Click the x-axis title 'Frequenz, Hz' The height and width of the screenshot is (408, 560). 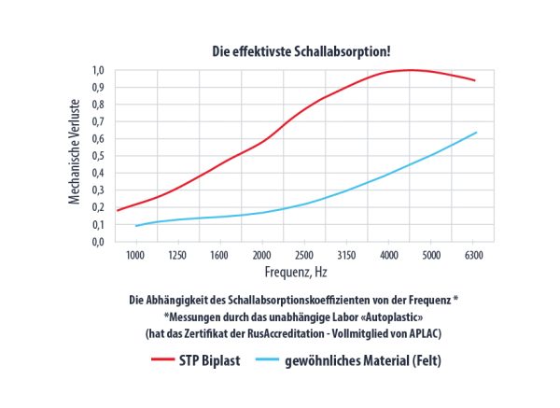click(294, 273)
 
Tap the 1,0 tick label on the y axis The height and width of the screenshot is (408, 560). click(98, 70)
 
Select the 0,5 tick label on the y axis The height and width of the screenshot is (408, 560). click(98, 156)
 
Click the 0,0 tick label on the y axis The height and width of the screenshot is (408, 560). click(98, 242)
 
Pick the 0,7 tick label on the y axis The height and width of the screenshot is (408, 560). click(98, 121)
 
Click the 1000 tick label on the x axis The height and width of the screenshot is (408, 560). click(136, 254)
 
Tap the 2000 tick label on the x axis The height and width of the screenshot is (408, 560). click(262, 254)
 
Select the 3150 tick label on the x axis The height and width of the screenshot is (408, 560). click(346, 254)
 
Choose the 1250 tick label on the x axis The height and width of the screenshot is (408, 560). click(178, 254)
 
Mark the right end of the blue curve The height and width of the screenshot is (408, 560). click(477, 133)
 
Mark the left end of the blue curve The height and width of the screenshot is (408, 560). click(135, 226)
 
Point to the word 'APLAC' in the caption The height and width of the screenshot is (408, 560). click(436, 331)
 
